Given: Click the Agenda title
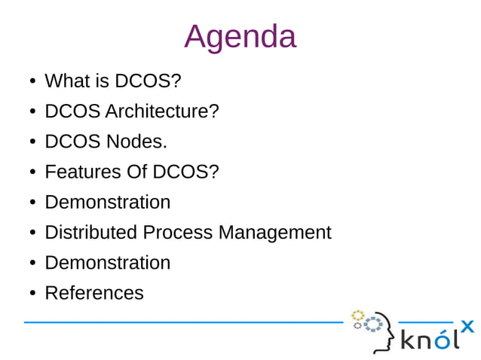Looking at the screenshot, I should [240, 36].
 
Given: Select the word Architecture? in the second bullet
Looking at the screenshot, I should [162, 111].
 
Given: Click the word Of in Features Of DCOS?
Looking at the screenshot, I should [136, 172].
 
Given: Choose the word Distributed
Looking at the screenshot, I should [91, 232].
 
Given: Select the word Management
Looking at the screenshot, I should [274, 232].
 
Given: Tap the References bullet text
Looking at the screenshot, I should [93, 292].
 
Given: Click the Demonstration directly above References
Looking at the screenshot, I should [107, 262].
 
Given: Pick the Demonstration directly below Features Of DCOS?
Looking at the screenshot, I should [107, 202].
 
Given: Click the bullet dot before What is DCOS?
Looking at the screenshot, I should [33, 81].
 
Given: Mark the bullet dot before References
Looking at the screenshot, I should [33, 293].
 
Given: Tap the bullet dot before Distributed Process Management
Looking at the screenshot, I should [33, 233].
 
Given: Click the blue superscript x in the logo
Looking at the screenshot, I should [467, 325].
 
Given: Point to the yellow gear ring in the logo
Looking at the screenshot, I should [358, 315].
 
